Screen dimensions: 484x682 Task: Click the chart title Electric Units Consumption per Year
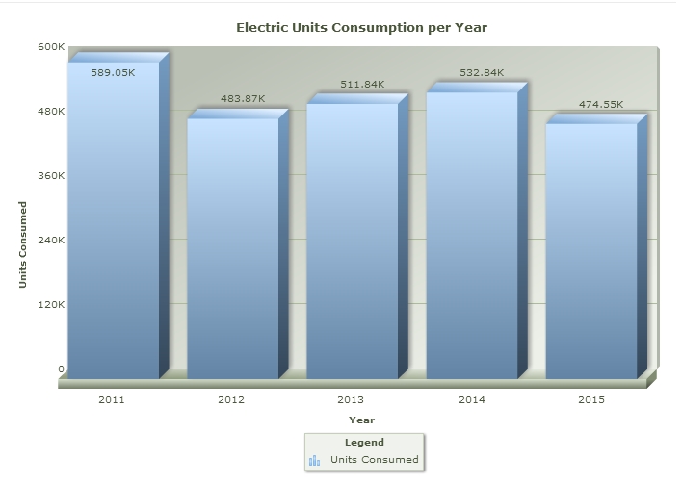coord(361,27)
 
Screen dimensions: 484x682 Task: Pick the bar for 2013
coord(352,241)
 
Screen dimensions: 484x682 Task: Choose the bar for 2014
coord(471,235)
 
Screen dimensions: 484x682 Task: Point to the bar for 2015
coord(590,251)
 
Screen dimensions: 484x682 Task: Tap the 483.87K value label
coord(242,99)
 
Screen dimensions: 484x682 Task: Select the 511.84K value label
coord(361,85)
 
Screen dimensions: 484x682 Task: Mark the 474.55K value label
coord(600,105)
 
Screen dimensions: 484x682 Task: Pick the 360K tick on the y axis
coord(52,175)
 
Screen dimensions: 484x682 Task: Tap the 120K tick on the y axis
coord(52,304)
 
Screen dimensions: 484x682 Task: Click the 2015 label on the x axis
coord(590,399)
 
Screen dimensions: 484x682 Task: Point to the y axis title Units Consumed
coord(23,243)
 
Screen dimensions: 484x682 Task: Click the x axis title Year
coord(361,420)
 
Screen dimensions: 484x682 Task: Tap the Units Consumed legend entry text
coord(374,460)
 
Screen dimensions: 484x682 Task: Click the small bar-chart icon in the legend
coord(314,460)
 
